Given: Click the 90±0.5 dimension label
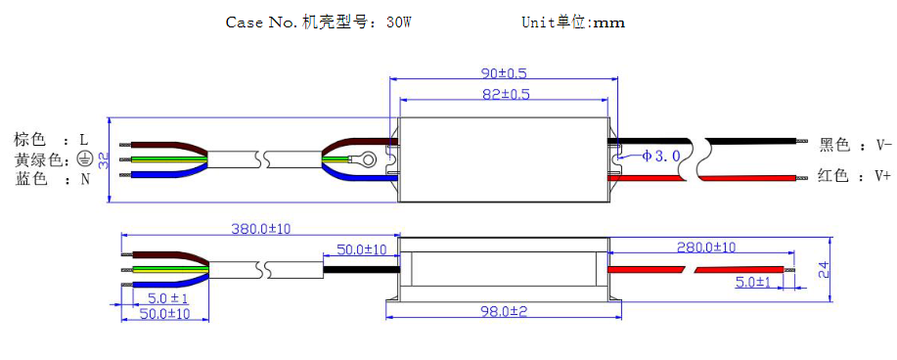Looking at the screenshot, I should point(503,73).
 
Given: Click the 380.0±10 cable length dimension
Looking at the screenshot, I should point(260,229).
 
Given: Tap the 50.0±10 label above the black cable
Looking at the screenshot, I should point(361,250).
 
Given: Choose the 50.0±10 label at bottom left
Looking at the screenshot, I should point(162,314).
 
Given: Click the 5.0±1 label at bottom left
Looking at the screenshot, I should point(167,297).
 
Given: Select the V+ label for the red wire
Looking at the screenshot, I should point(883,176).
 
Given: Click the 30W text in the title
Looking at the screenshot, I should point(398,22).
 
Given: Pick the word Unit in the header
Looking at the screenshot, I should point(539,22).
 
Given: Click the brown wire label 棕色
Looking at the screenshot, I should point(30,141).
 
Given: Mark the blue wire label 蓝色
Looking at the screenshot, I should point(30,179).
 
